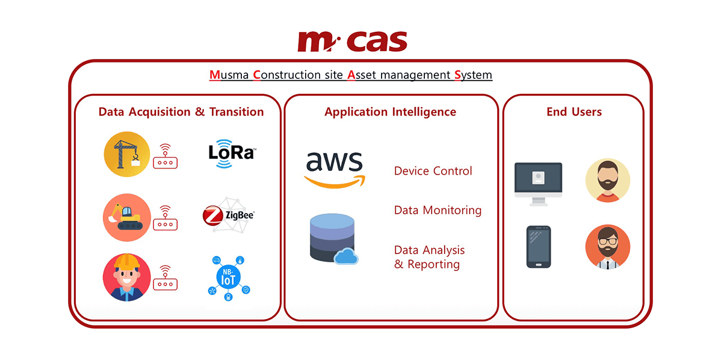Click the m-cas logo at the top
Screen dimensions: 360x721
point(352,42)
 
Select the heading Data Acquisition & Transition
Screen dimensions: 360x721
point(181,112)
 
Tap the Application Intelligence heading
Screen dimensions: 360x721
point(390,112)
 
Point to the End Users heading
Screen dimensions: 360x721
point(574,112)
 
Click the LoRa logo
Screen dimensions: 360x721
point(232,151)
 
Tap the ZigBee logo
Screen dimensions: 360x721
point(229,215)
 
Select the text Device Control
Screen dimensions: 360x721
point(433,171)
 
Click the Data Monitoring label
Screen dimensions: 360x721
point(438,210)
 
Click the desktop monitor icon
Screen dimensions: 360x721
point(538,183)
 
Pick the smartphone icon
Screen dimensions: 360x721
point(538,247)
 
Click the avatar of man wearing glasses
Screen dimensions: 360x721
point(607,247)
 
